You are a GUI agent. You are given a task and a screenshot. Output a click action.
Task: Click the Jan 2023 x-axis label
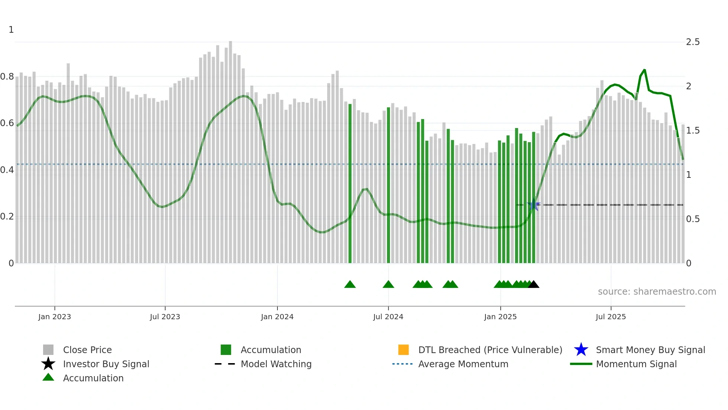pos(54,317)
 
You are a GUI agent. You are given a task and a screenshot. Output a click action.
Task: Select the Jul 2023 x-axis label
pos(165,317)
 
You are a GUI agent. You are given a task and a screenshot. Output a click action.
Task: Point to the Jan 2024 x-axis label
pos(277,317)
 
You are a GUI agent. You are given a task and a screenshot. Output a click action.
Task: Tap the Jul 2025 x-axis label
pos(611,317)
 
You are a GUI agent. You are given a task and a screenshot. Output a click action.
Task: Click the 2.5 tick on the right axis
pos(692,42)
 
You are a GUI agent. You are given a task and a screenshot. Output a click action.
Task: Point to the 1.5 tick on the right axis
pos(692,131)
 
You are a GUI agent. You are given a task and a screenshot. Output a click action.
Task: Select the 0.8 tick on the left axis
pos(7,77)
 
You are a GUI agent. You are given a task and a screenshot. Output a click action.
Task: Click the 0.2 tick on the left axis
pos(7,217)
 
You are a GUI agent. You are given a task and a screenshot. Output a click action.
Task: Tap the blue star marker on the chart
pos(534,205)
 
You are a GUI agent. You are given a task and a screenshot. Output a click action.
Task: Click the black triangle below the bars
pos(533,285)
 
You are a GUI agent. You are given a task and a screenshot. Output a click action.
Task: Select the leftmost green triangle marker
pos(350,285)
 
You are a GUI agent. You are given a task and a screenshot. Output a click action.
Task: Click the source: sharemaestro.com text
pos(657,292)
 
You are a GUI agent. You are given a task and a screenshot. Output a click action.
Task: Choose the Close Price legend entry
pos(87,350)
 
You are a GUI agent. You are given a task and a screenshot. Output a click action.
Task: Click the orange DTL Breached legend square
pos(403,350)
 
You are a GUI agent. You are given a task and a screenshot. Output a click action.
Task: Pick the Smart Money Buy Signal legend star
pos(581,350)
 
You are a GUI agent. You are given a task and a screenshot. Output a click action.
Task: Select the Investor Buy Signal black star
pos(48,364)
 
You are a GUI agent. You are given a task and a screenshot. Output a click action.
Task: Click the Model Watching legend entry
pos(276,364)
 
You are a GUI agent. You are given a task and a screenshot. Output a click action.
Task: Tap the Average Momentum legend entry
pos(463,364)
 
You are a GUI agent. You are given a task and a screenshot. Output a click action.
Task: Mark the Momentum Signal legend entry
pos(636,364)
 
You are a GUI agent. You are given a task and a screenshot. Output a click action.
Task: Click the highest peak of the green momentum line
pos(644,70)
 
